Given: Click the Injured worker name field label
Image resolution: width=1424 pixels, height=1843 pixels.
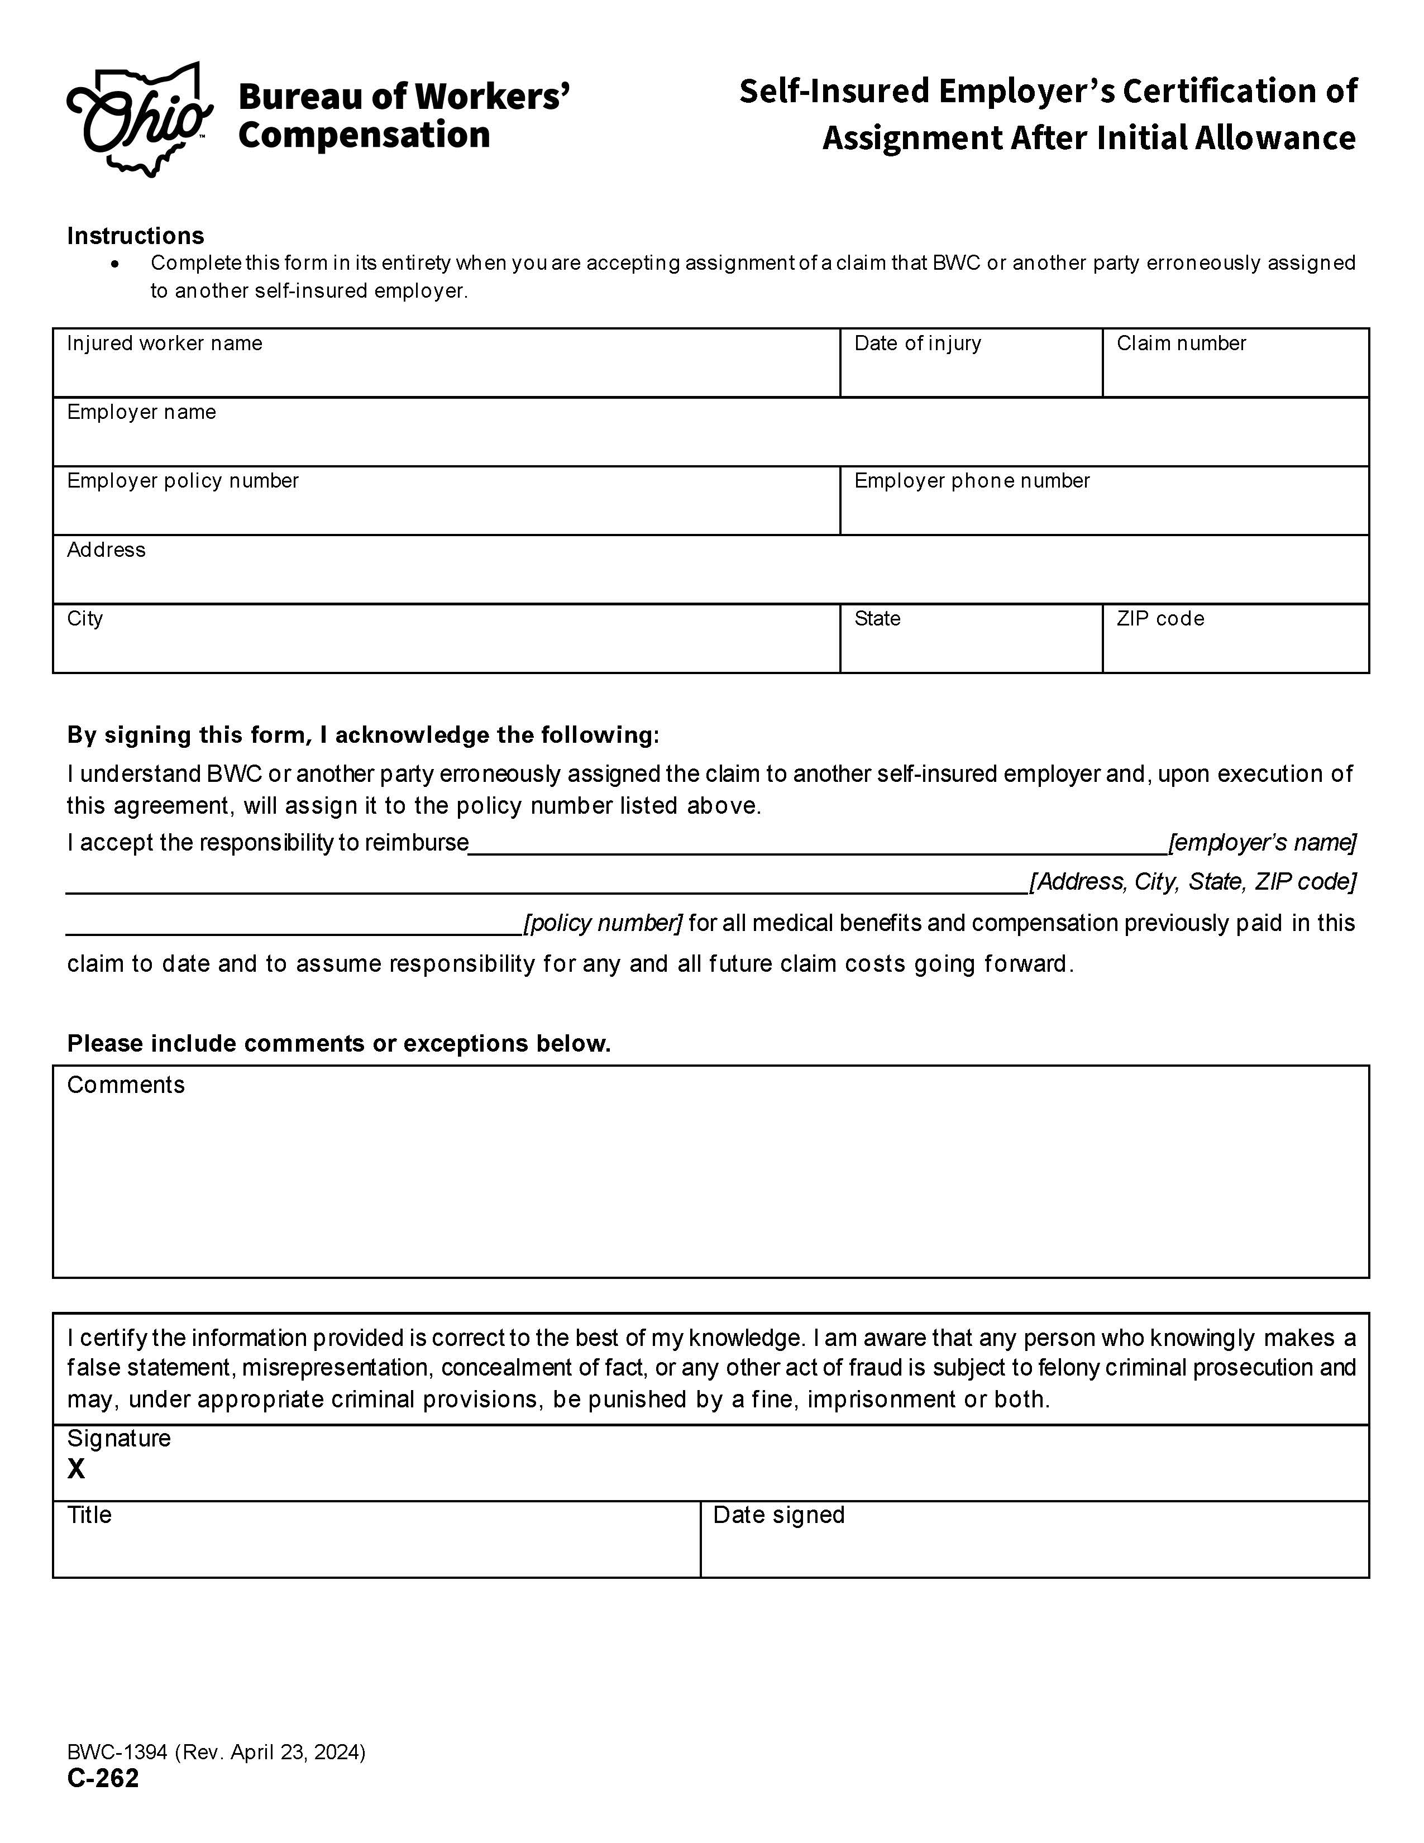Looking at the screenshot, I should (165, 343).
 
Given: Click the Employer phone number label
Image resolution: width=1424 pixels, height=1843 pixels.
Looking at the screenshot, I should (971, 481).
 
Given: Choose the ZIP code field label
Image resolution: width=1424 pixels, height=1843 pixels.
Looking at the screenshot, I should (1159, 619).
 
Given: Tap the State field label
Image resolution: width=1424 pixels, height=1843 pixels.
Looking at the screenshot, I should (877, 619).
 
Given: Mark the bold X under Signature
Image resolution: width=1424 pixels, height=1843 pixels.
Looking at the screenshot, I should (76, 1469).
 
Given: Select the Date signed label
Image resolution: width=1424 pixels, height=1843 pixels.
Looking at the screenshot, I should (778, 1515).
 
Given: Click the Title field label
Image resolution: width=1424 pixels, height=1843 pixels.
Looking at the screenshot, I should (89, 1515).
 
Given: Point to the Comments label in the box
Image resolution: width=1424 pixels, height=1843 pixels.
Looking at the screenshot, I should (126, 1085).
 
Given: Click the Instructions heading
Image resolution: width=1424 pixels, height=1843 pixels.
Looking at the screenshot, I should (135, 236).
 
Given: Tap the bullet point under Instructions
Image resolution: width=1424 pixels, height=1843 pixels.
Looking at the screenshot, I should (114, 264).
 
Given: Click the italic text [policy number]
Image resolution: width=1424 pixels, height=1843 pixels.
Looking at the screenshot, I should (603, 923).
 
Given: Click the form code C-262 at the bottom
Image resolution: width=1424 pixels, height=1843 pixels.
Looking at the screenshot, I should (103, 1778).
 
